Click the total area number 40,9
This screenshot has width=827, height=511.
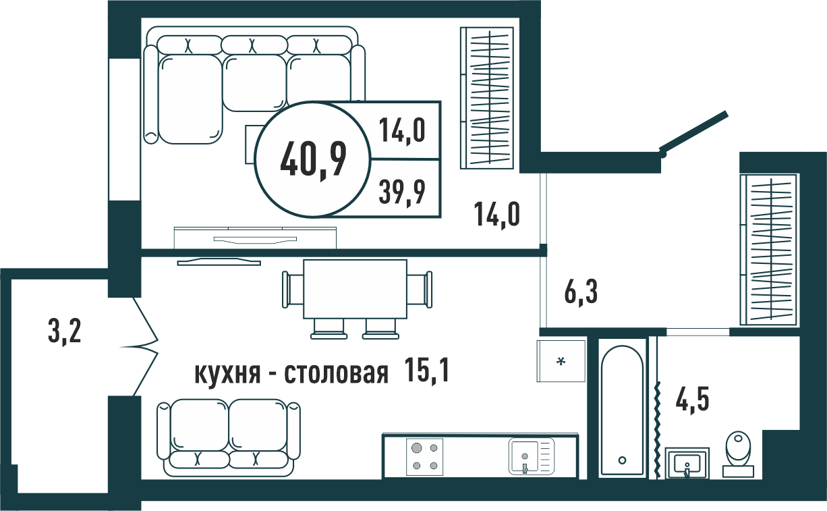tap(313, 161)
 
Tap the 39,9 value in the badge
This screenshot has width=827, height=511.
tap(402, 192)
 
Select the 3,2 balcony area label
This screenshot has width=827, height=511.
tap(64, 332)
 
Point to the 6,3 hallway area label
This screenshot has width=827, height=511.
tap(581, 292)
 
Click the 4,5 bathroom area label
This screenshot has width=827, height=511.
tap(692, 399)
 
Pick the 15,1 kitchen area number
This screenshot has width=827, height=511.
tap(426, 370)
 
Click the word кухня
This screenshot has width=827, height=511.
tap(227, 373)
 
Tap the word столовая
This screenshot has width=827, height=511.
tap(336, 373)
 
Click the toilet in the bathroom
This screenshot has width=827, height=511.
tap(739, 454)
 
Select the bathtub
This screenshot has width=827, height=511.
tap(622, 410)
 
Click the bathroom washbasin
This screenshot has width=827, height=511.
tap(687, 463)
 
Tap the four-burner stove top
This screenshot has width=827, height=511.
tap(424, 457)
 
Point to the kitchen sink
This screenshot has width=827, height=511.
tap(532, 456)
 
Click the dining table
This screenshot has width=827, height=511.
tap(355, 289)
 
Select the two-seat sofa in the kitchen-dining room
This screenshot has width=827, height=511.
tap(229, 437)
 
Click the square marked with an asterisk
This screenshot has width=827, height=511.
tap(561, 361)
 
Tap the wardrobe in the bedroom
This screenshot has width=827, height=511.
tap(487, 98)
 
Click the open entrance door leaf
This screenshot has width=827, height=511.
tap(694, 133)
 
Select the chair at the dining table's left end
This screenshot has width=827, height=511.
tap(292, 290)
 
